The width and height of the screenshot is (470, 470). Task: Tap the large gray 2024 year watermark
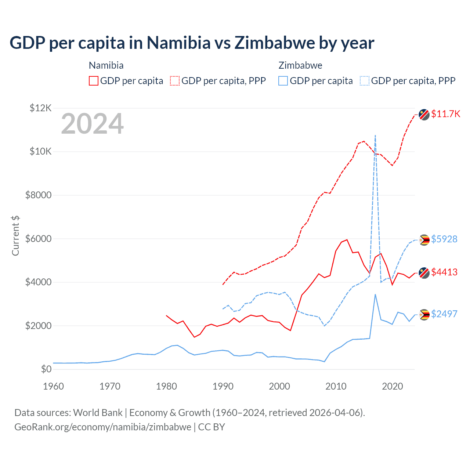(92, 124)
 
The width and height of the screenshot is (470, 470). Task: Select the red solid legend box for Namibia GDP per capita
(94, 81)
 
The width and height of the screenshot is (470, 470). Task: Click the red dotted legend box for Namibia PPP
(175, 81)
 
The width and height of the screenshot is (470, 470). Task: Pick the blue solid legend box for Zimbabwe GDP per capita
(283, 81)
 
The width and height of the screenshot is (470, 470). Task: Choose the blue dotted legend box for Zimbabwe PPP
(365, 81)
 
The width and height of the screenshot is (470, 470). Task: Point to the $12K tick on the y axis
(40, 108)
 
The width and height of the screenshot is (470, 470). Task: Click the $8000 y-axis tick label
(38, 195)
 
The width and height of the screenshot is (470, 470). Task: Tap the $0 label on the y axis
(46, 369)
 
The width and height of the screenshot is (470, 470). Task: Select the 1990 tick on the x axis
(223, 386)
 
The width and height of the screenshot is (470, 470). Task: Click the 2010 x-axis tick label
(336, 386)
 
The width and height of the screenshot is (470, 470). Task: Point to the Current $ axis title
(15, 236)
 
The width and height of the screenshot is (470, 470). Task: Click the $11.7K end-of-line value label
(445, 114)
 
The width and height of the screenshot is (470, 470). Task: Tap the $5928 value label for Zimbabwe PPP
(444, 239)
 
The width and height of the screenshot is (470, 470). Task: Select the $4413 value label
(444, 272)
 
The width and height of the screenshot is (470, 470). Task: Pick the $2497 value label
(444, 314)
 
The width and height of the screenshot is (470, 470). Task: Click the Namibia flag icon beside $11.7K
(424, 115)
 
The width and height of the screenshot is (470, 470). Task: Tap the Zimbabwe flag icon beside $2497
(424, 315)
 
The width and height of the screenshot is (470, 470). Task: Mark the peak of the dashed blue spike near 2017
(375, 135)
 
